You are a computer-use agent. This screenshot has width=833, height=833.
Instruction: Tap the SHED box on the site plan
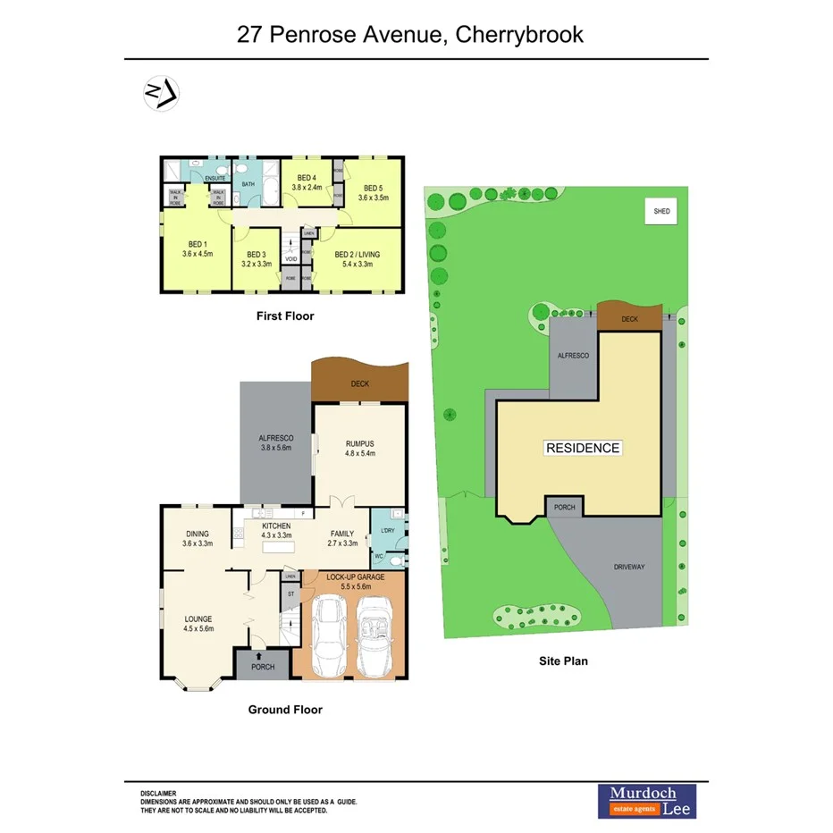pos(661,211)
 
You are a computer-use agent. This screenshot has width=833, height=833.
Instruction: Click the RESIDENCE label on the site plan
pos(583,448)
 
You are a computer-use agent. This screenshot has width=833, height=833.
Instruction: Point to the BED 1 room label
pos(197,244)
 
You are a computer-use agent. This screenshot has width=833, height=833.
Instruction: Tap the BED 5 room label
pos(373,188)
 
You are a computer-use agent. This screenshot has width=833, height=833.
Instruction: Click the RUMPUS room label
pos(359,442)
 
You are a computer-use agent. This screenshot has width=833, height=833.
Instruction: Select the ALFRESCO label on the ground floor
pos(276,438)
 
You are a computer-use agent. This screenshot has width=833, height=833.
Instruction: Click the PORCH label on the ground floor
pos(263,668)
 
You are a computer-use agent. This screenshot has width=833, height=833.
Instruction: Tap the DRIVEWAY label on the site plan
pos(629,567)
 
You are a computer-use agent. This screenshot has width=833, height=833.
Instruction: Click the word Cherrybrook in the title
pos(519,35)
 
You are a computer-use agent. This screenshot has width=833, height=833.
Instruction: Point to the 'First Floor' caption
pos(284,316)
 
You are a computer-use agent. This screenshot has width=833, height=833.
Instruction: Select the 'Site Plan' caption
pos(562,661)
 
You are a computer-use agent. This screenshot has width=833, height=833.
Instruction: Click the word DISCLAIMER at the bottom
pos(158,794)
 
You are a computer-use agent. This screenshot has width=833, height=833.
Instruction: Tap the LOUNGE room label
pos(198,618)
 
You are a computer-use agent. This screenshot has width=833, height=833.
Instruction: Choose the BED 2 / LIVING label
pos(357,255)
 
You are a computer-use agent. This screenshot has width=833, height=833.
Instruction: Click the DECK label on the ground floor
pos(360,384)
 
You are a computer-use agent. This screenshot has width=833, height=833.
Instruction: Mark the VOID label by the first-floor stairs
pos(290,259)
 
